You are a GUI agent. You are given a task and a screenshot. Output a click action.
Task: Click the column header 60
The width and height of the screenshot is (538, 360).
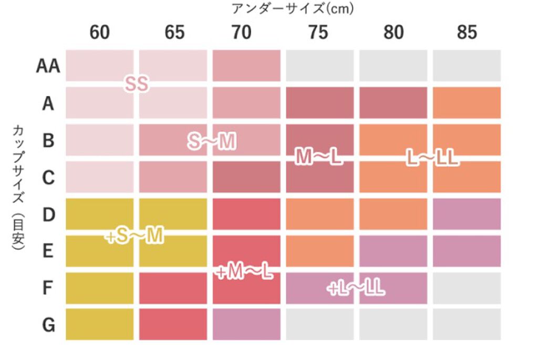click(100, 33)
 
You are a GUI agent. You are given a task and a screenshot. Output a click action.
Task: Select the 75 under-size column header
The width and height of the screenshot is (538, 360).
click(319, 33)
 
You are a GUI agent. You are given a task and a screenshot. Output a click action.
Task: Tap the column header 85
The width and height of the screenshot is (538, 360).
click(467, 33)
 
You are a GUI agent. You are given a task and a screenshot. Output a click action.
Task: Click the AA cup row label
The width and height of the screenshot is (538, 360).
click(48, 66)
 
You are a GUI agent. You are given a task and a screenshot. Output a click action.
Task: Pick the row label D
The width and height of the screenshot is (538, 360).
click(48, 214)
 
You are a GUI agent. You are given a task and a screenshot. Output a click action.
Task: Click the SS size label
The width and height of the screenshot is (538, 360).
click(137, 84)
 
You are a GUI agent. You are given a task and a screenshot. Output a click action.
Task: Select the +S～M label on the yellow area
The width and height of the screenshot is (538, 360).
click(134, 237)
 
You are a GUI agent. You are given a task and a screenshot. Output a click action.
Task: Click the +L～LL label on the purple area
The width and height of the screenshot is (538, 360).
click(356, 288)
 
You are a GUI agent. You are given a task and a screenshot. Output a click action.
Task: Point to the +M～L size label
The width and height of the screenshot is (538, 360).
click(244, 272)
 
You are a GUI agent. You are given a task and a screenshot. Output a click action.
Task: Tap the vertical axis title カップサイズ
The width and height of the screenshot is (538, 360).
click(17, 158)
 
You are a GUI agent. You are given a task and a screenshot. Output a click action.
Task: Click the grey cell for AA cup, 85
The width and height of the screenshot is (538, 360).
click(467, 66)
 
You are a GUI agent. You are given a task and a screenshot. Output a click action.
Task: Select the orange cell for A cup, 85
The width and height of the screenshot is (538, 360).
click(467, 103)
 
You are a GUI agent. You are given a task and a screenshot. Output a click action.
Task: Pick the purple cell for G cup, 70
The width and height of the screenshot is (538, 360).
click(246, 324)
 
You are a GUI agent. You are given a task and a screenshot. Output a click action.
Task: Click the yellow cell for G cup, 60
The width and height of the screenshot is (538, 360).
click(100, 324)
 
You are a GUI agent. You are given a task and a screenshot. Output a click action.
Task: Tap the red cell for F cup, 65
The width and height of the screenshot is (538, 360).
click(173, 287)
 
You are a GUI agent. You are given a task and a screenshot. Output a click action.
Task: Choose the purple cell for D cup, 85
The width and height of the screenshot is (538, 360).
click(467, 214)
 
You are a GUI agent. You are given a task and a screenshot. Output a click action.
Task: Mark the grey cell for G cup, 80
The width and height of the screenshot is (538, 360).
click(393, 324)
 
